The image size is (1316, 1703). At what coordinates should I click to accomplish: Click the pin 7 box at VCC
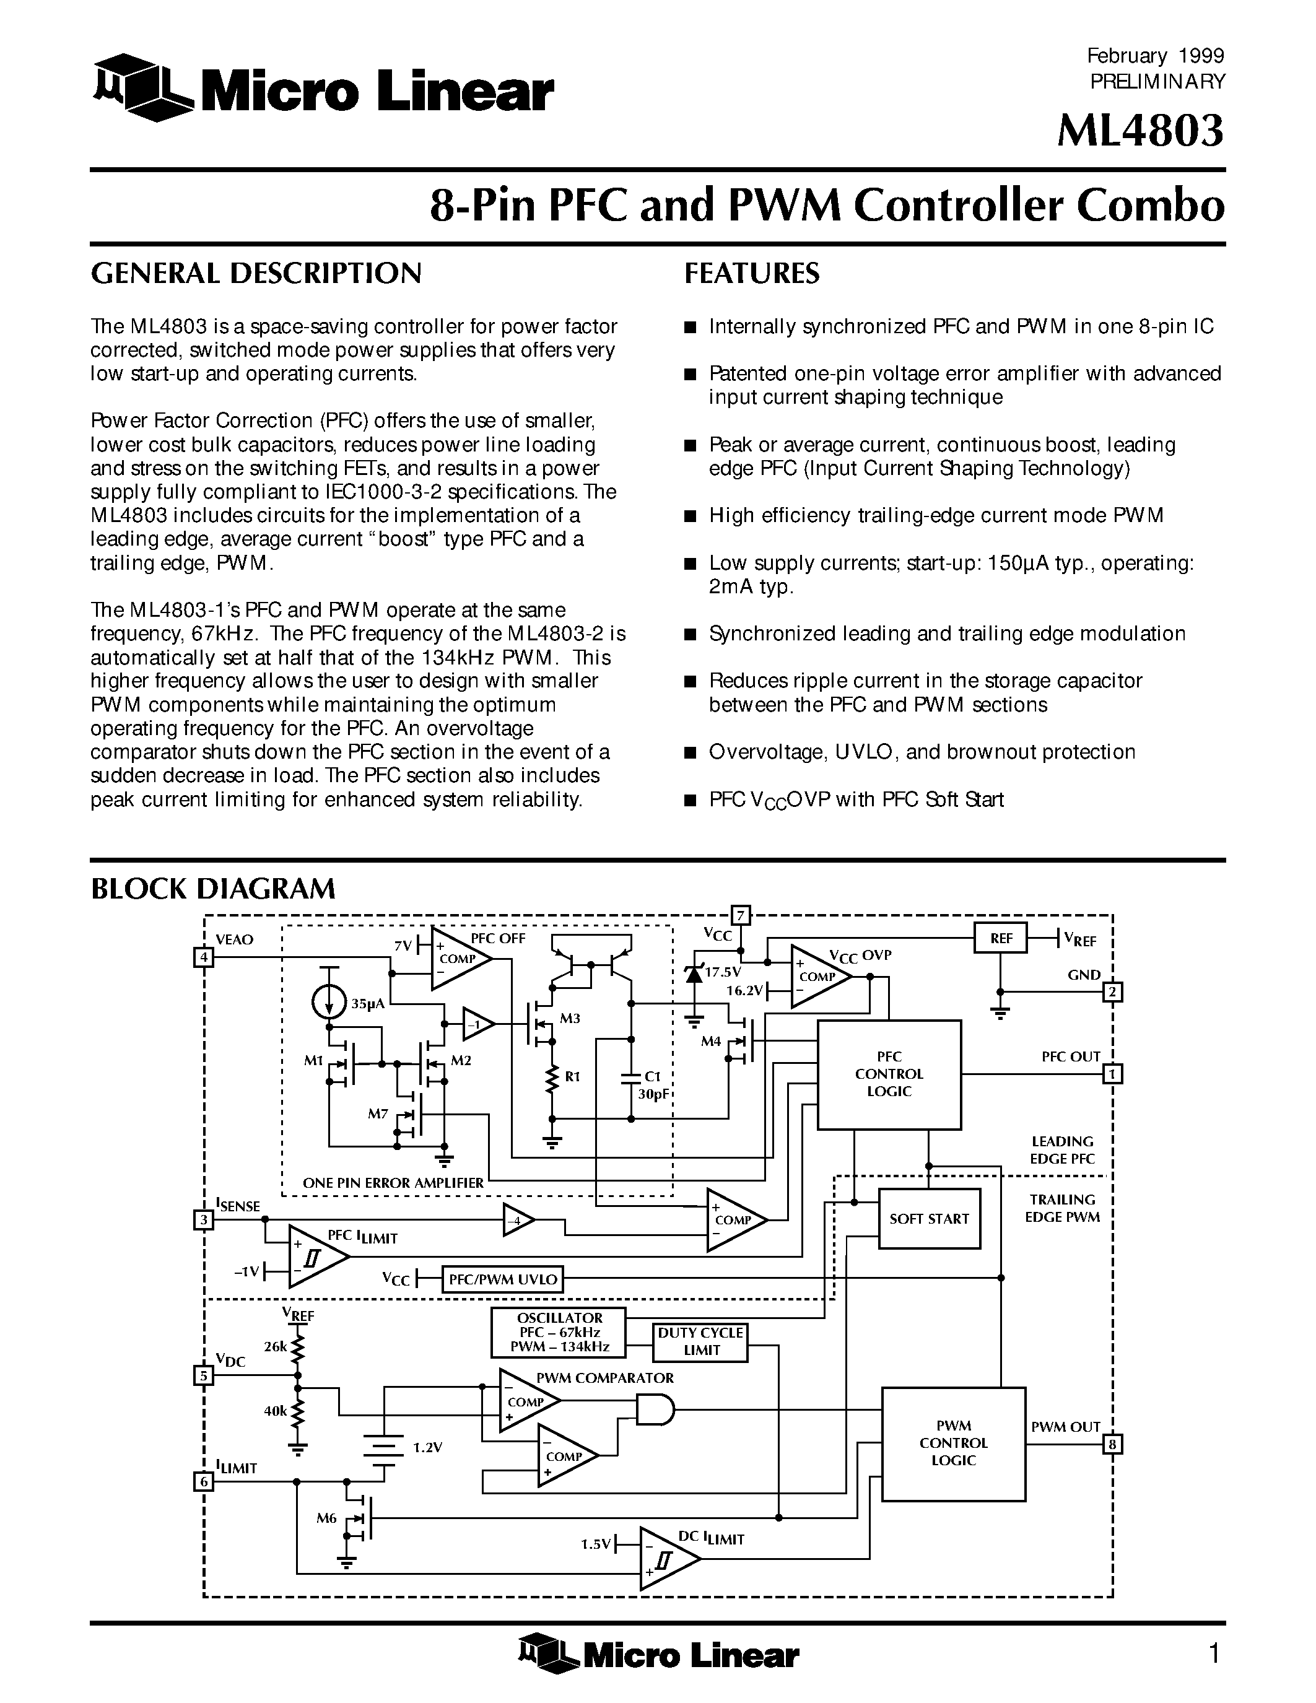point(740,915)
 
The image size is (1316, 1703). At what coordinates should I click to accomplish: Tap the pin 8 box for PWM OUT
point(1112,1444)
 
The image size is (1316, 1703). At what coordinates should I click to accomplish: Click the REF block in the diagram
point(1000,938)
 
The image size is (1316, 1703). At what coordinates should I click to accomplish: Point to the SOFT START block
point(928,1219)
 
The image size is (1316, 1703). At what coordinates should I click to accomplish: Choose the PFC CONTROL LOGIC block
point(889,1074)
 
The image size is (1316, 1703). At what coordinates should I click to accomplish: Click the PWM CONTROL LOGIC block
point(952,1444)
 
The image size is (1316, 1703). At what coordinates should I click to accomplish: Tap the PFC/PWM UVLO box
point(503,1279)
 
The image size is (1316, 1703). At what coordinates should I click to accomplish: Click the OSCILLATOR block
point(559,1333)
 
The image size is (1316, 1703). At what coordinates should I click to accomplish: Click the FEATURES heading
point(752,273)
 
